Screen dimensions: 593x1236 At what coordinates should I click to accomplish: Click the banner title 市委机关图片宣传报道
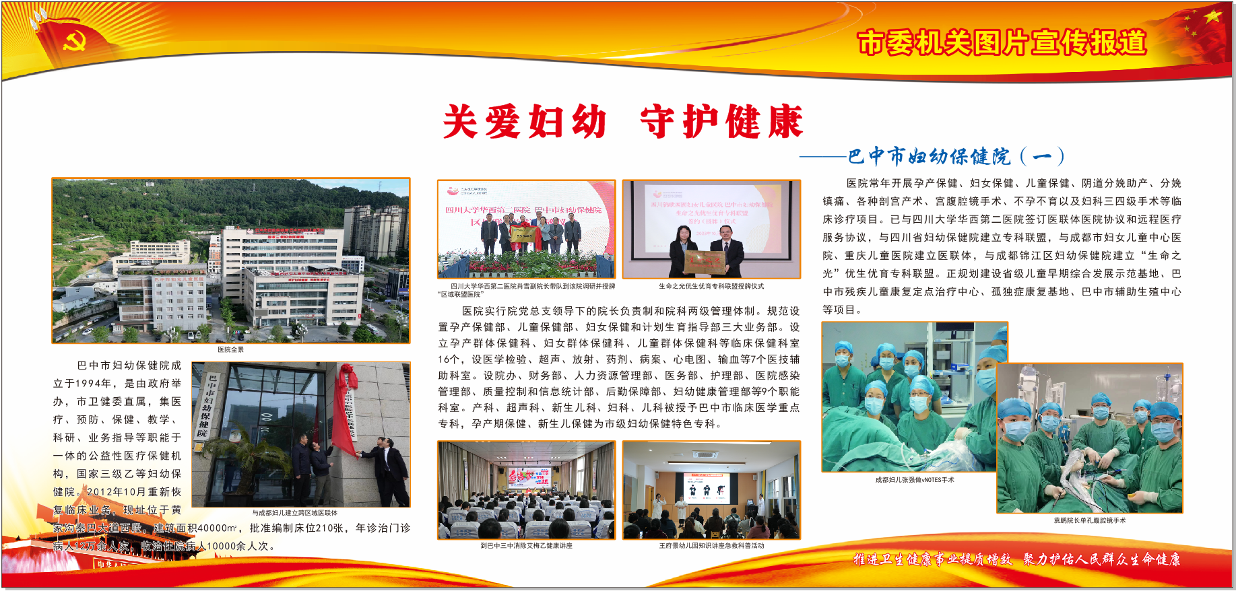point(1002,43)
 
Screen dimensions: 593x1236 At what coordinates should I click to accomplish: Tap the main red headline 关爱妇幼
point(525,122)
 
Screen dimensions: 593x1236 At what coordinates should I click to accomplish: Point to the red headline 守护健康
point(721,122)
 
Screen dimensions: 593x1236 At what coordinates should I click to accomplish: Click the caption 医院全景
point(230,349)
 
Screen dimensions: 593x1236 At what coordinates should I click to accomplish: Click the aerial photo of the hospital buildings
point(230,260)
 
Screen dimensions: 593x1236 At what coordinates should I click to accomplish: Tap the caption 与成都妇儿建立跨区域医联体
point(295,513)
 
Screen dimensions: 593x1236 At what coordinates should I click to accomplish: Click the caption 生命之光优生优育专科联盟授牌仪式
point(711,286)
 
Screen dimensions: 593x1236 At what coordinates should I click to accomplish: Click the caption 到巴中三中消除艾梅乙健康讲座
point(526,546)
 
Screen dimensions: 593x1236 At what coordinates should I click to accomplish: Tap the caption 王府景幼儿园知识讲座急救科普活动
point(711,546)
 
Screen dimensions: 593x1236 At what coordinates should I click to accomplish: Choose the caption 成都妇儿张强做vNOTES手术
point(915,480)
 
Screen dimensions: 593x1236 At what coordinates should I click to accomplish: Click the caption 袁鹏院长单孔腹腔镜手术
point(1089,520)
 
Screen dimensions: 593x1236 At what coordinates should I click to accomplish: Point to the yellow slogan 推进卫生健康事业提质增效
point(933,559)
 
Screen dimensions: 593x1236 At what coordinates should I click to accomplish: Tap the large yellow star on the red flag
point(1212,16)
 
